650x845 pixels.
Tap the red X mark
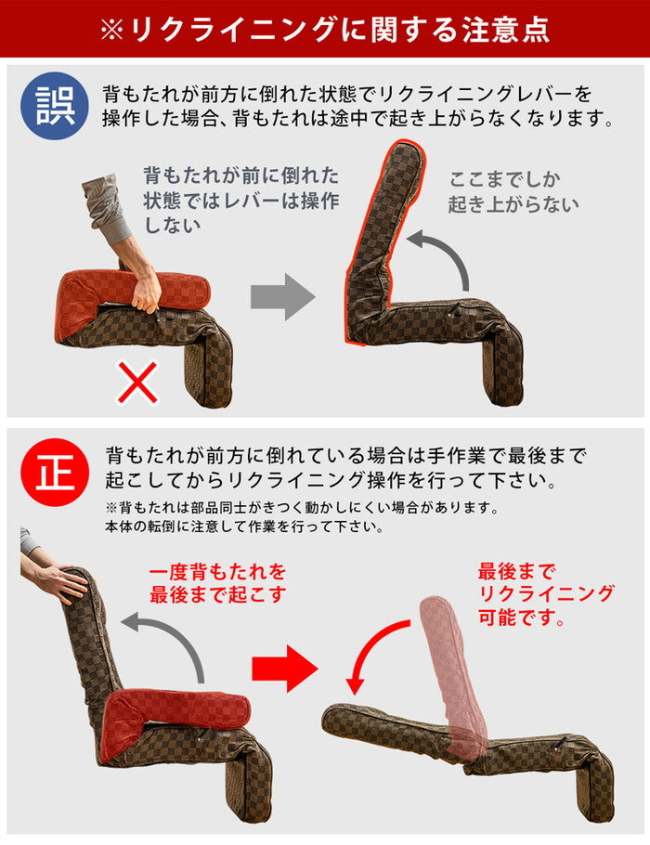(x=137, y=383)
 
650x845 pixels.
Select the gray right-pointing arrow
(x=282, y=297)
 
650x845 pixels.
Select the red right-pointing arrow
(x=284, y=668)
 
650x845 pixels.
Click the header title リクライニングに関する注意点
(x=325, y=29)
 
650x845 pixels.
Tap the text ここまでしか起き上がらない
(x=513, y=191)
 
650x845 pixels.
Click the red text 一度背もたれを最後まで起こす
(x=217, y=583)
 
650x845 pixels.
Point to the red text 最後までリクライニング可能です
(x=545, y=593)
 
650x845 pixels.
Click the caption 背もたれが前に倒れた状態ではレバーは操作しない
(x=240, y=200)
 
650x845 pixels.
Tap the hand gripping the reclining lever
(x=147, y=290)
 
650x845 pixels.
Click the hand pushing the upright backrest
(x=60, y=582)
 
